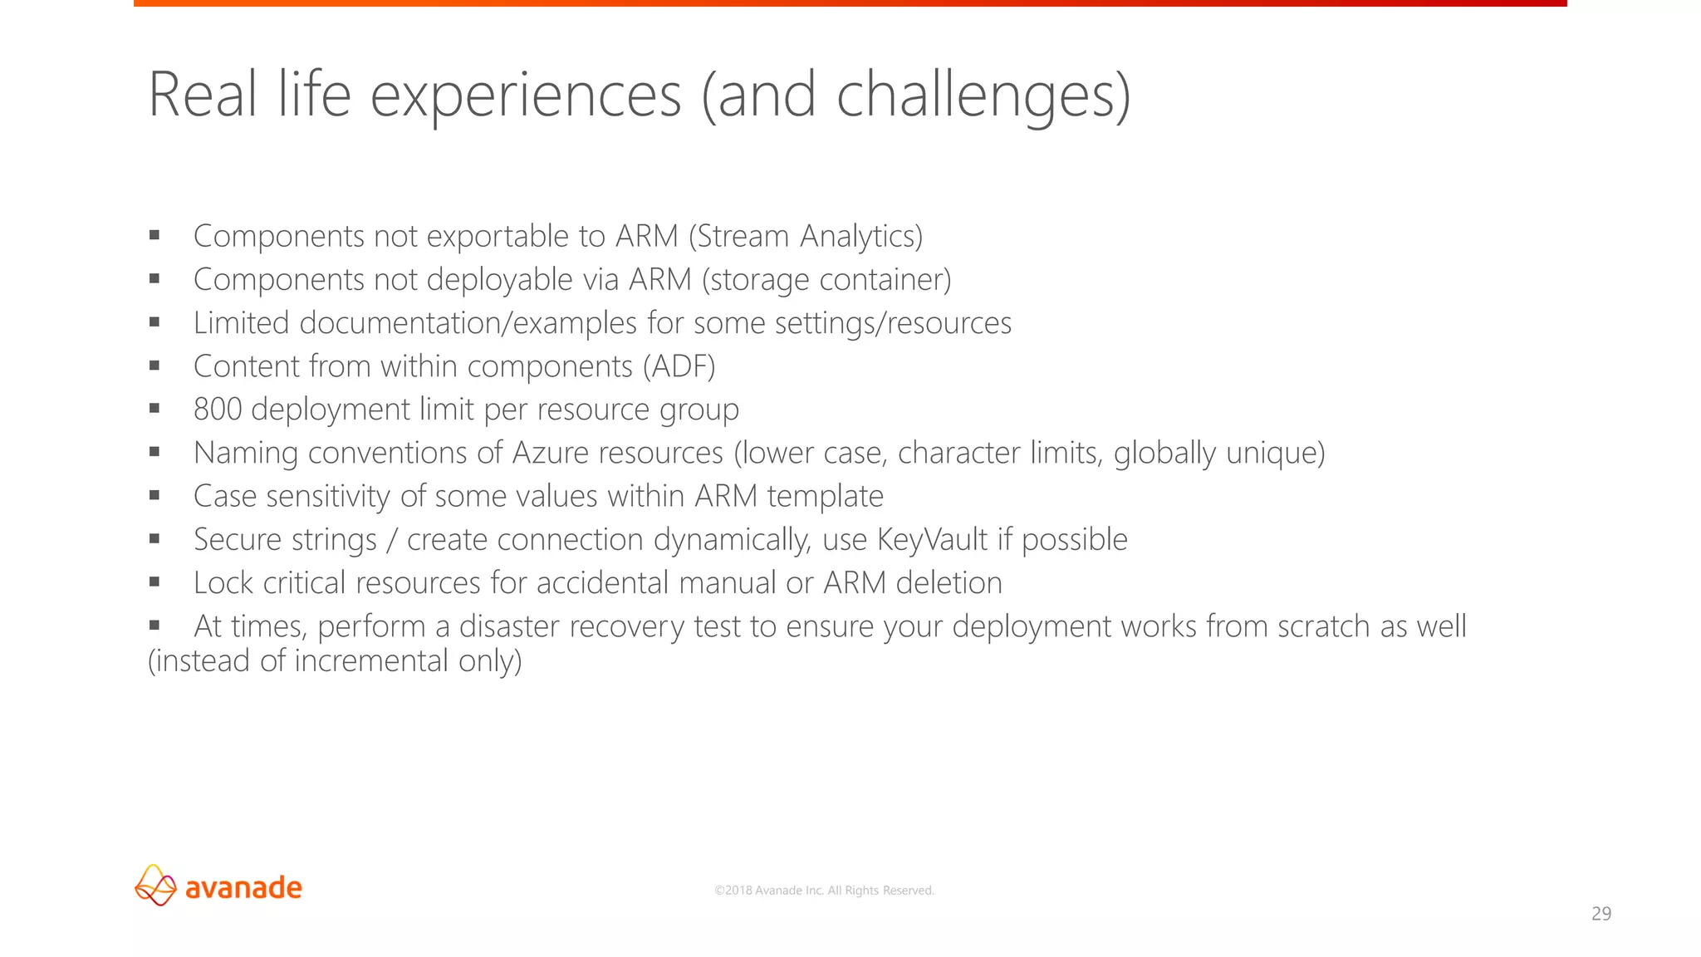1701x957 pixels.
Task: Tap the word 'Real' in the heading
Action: coord(202,95)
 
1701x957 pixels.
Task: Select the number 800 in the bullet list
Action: coord(218,410)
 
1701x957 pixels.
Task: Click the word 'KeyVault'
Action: coord(932,540)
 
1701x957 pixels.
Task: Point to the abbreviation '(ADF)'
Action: coord(679,366)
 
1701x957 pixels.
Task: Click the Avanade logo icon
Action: coord(155,886)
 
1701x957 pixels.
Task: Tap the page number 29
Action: coord(1601,914)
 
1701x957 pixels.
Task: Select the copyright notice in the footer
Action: coord(824,891)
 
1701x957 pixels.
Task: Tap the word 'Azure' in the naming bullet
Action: coord(550,453)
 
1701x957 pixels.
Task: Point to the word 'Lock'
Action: coord(223,583)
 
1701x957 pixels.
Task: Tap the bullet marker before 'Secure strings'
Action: coord(154,539)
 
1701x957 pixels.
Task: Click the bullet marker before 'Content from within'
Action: coord(154,366)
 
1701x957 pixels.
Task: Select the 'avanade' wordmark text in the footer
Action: coord(243,887)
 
